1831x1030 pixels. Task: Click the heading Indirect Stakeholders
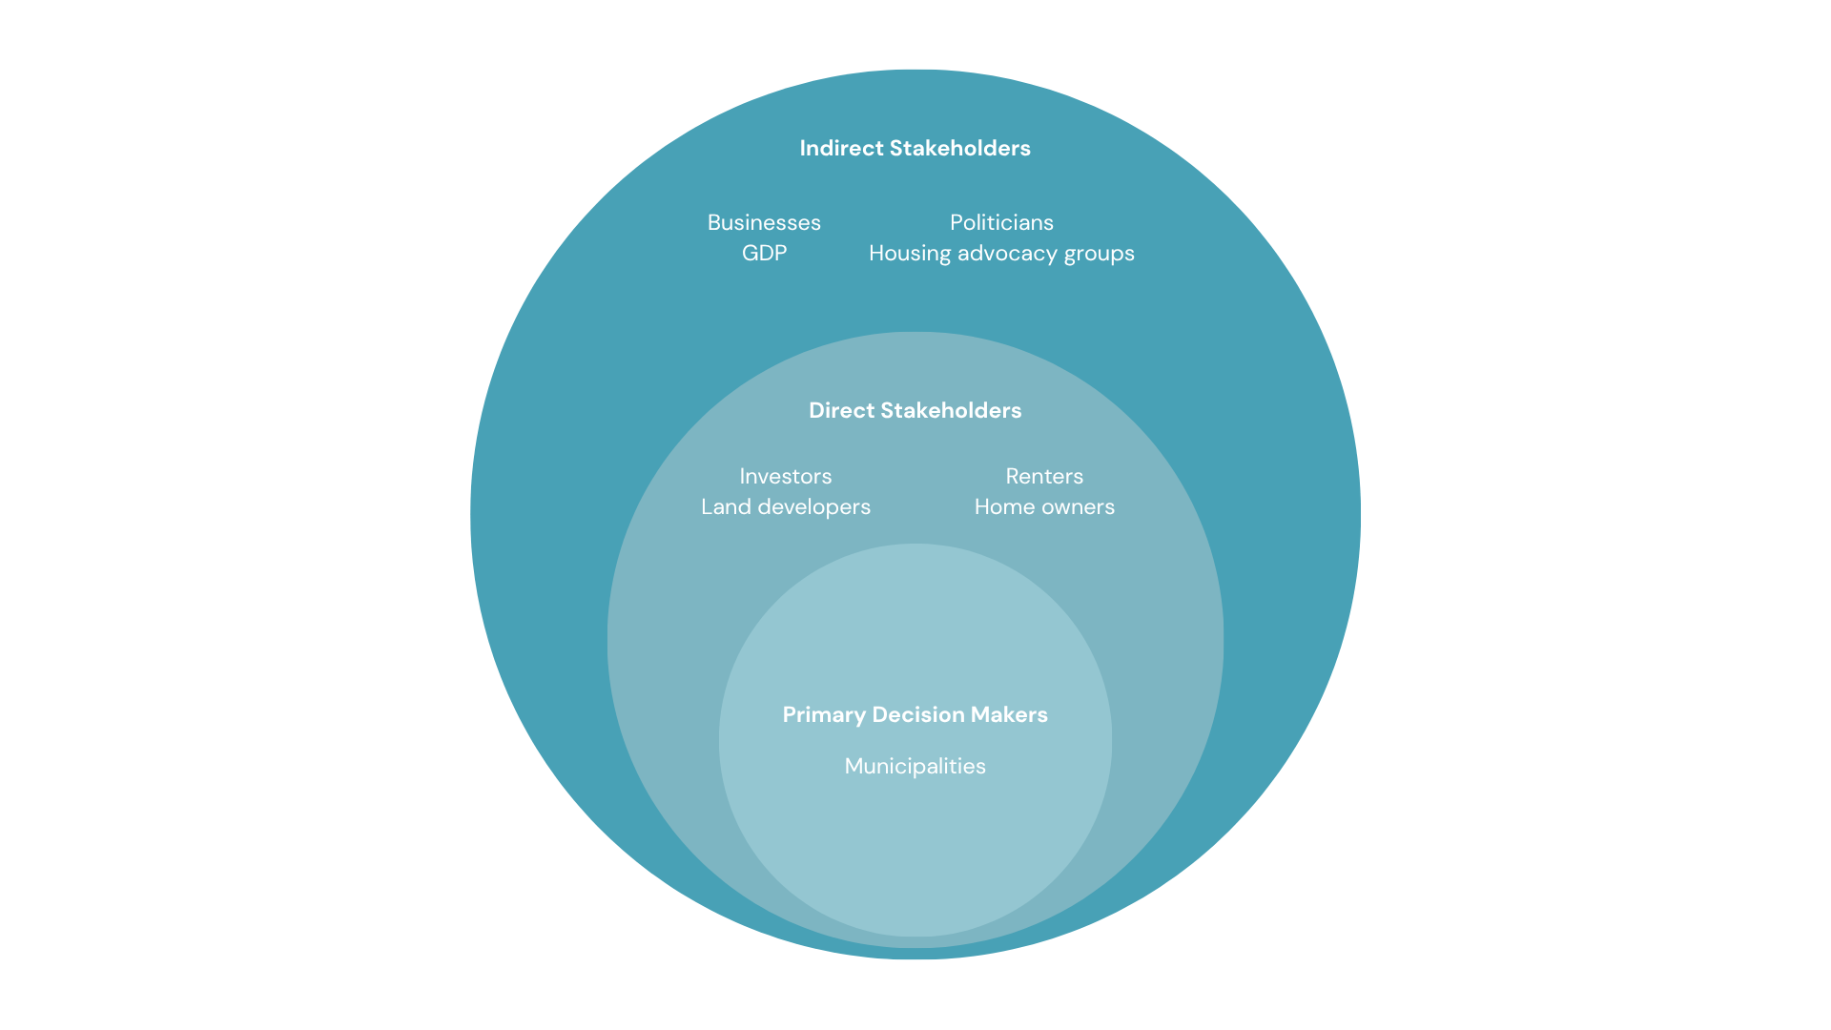coord(915,148)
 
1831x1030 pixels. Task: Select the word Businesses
coord(764,222)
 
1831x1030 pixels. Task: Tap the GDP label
coord(764,253)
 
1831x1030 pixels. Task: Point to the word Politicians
coord(1001,222)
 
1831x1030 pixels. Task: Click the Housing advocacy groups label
coord(1001,254)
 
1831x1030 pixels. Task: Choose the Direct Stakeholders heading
coord(915,410)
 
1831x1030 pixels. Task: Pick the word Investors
coord(785,476)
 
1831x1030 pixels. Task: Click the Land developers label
coord(785,507)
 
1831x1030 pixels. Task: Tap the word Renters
coord(1044,476)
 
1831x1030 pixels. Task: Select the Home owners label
coord(1044,506)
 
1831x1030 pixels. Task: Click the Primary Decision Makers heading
coord(915,715)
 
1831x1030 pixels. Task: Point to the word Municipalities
coord(915,767)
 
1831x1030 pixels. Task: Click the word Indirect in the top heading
coord(841,148)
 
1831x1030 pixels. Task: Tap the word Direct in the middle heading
coord(841,410)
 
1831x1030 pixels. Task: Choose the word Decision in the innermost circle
coord(918,714)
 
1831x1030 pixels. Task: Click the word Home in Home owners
coord(1002,506)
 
